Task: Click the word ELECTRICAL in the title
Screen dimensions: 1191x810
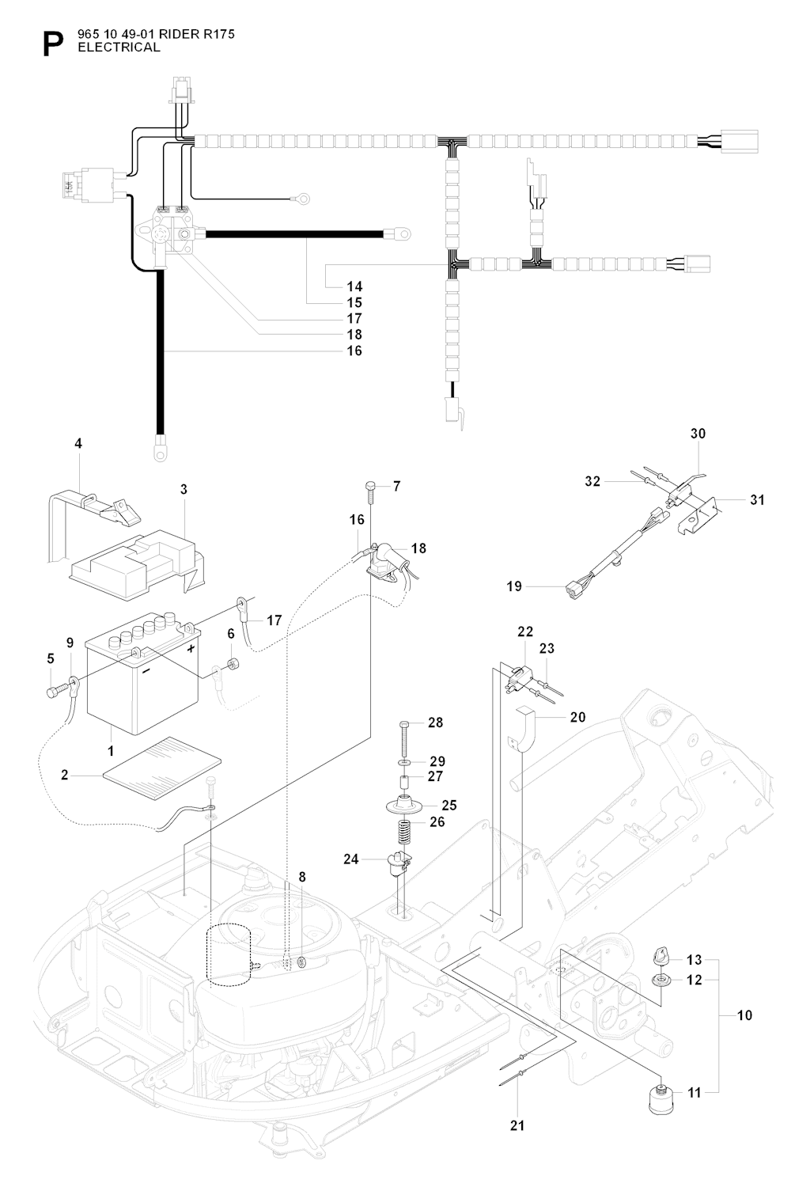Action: (x=113, y=47)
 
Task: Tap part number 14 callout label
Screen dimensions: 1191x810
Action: (x=354, y=286)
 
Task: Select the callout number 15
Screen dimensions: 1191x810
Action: (x=354, y=302)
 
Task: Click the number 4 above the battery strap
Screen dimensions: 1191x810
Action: (x=78, y=444)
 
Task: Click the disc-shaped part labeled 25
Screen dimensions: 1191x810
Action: (x=403, y=806)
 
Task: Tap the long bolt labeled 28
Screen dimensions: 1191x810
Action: (x=403, y=736)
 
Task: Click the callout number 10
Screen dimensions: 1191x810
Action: (x=744, y=1015)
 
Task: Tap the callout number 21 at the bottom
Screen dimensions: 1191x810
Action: (x=518, y=1125)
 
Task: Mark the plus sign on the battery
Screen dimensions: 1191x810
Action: (x=191, y=647)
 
